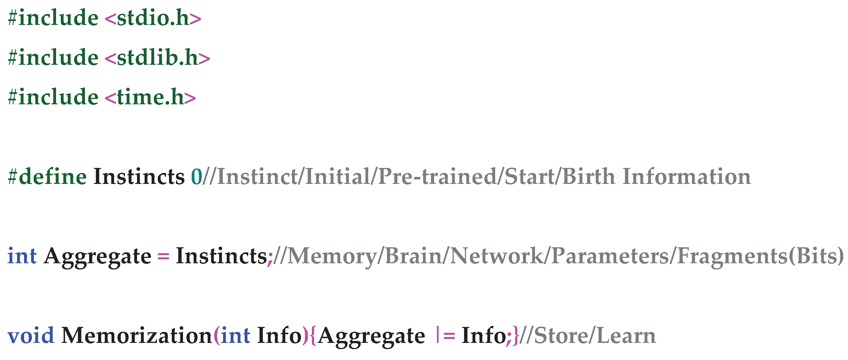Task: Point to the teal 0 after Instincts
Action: (196, 177)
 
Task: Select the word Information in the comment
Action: (687, 177)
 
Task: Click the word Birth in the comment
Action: (588, 177)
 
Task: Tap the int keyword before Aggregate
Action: (22, 256)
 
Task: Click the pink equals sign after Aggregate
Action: (164, 256)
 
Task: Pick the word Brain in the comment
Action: (413, 256)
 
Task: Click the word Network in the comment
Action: (496, 256)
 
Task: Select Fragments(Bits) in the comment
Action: (761, 256)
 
